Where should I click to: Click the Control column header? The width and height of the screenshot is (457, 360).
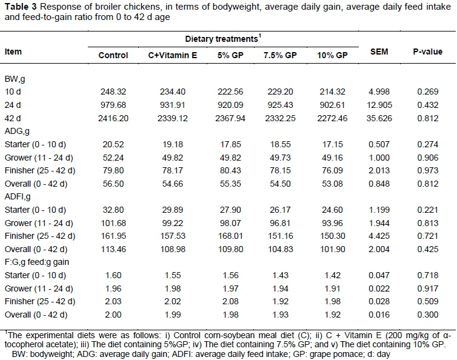(113, 55)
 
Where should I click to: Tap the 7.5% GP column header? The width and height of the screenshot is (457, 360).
(278, 55)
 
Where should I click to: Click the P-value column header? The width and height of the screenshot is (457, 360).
(427, 52)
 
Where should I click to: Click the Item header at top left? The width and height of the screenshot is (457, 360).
(13, 52)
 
